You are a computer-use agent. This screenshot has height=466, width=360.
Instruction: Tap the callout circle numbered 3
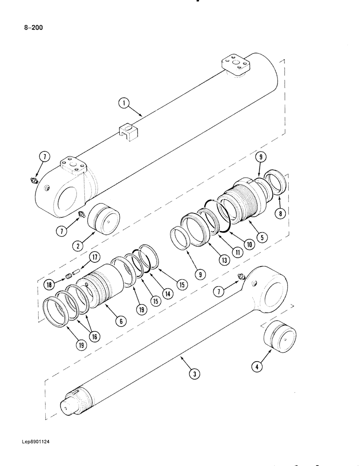193,373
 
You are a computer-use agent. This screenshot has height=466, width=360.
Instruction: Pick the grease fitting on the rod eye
241,278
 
